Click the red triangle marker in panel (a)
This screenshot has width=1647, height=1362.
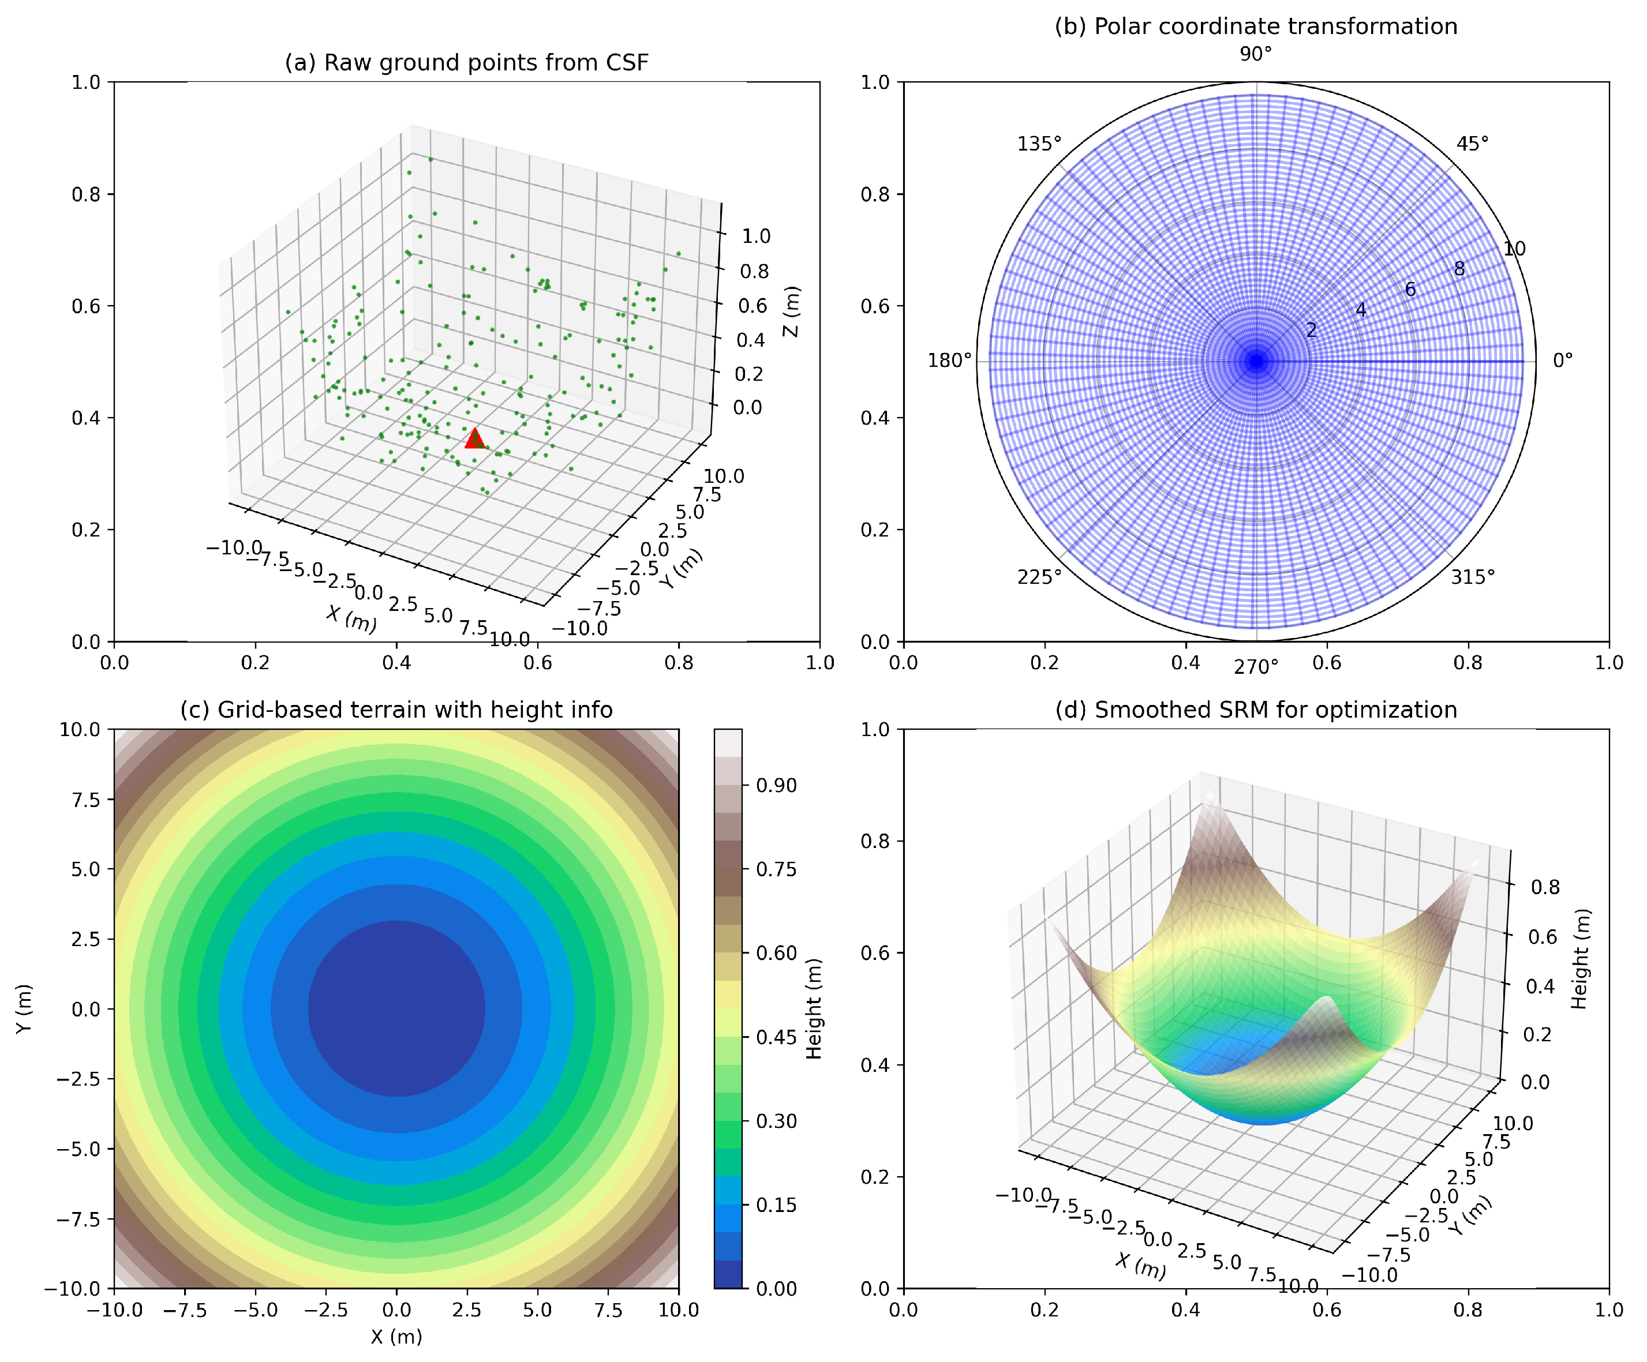pyautogui.click(x=474, y=439)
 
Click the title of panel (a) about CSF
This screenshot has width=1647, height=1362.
pyautogui.click(x=467, y=63)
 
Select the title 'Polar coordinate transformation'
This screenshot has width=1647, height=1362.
pyautogui.click(x=1256, y=27)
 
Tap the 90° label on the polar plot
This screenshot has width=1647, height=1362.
pyautogui.click(x=1256, y=54)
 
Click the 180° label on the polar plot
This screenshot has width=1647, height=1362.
pyautogui.click(x=949, y=361)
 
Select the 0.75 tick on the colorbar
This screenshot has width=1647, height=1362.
pyautogui.click(x=776, y=869)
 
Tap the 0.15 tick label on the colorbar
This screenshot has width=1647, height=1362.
pyautogui.click(x=776, y=1205)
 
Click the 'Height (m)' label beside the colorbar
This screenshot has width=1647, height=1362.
pyautogui.click(x=814, y=1009)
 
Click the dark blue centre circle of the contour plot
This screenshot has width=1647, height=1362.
pyautogui.click(x=396, y=1008)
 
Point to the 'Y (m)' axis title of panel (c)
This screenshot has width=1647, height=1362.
pyautogui.click(x=24, y=1009)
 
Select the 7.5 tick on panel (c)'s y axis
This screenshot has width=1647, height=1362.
pyautogui.click(x=85, y=800)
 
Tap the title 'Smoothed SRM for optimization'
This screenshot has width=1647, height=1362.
pyautogui.click(x=1256, y=710)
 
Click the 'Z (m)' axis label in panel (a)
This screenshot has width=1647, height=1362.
pyautogui.click(x=792, y=312)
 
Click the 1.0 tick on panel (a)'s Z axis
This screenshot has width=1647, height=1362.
pyautogui.click(x=756, y=237)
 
